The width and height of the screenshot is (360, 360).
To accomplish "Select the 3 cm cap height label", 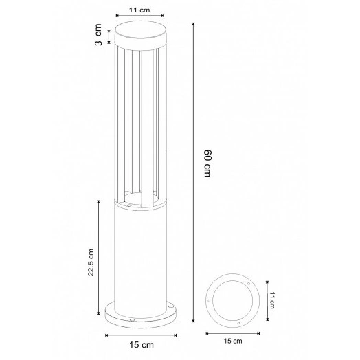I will click(x=98, y=35).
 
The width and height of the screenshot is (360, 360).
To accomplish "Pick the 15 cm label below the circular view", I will click(x=234, y=340).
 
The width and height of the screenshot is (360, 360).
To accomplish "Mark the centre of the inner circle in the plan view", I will click(x=234, y=300).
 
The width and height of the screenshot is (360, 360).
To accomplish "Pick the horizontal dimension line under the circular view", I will click(x=234, y=333).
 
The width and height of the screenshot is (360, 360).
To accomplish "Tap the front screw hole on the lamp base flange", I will click(x=132, y=319).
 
